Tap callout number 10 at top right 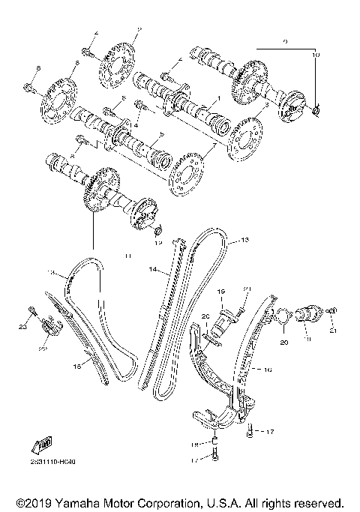tap(316, 55)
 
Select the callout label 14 tap(152, 268)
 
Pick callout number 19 tap(221, 290)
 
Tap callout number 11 tap(128, 256)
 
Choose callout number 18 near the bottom tap(193, 444)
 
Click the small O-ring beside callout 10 tap(316, 112)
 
